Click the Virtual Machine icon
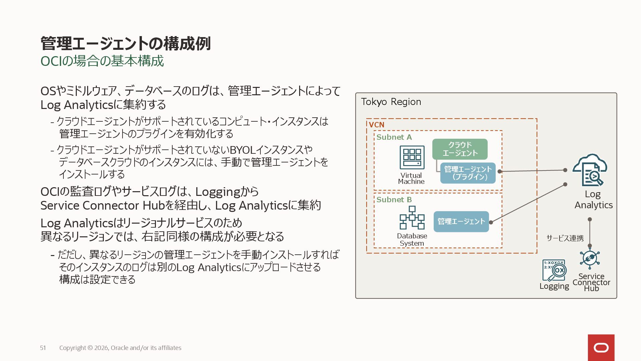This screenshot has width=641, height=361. (412, 157)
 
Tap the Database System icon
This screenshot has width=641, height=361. (412, 218)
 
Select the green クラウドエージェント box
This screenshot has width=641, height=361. (460, 149)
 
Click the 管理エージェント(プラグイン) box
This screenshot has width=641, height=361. (468, 173)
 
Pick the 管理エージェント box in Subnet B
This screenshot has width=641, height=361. (461, 222)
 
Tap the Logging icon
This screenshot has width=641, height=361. (554, 270)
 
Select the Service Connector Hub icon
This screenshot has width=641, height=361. (590, 259)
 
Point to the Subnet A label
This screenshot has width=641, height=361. (394, 137)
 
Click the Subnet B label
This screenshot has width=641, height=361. (394, 200)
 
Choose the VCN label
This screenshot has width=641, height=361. (377, 125)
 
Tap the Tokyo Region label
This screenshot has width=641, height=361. (391, 102)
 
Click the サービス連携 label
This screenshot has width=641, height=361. (565, 238)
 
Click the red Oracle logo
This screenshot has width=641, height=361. (601, 348)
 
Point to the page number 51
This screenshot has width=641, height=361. (43, 348)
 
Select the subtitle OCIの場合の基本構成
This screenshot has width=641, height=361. (102, 61)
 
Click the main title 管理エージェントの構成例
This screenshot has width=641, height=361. (126, 43)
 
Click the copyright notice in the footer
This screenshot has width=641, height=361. (120, 348)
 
